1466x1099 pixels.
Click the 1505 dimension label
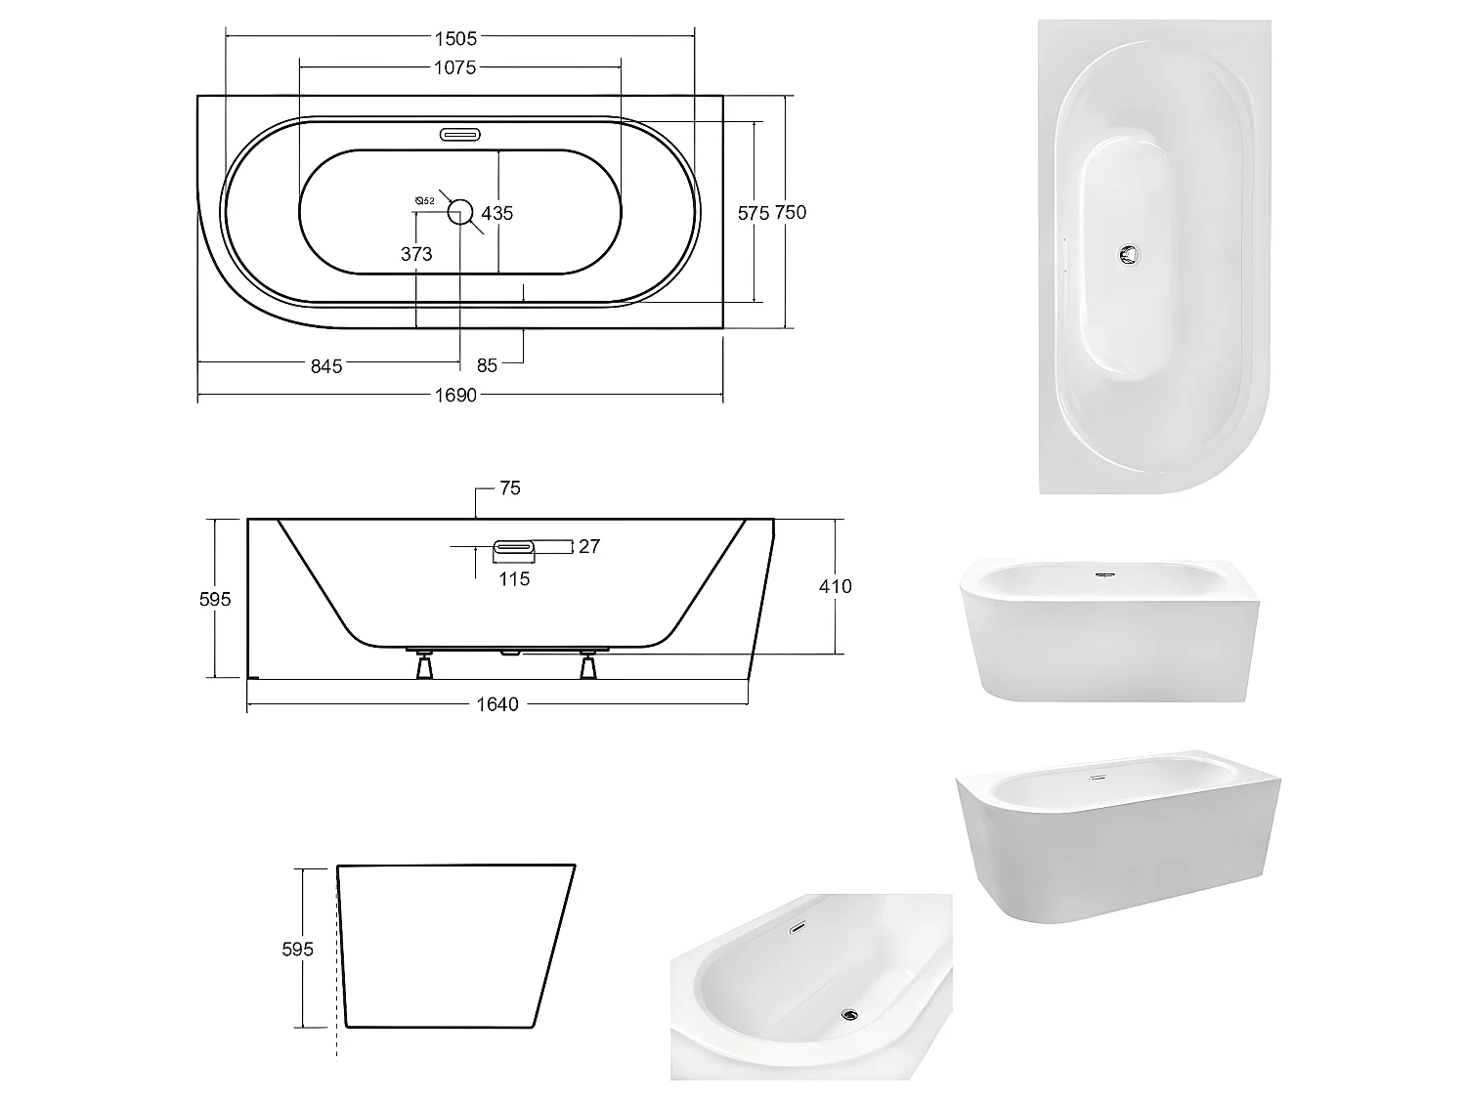pyautogui.click(x=455, y=38)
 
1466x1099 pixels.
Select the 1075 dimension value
pyautogui.click(x=455, y=67)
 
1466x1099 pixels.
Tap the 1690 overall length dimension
pyautogui.click(x=455, y=396)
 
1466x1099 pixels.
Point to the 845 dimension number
pyautogui.click(x=326, y=365)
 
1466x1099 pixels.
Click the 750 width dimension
pyautogui.click(x=790, y=212)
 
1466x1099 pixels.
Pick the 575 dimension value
pyautogui.click(x=754, y=213)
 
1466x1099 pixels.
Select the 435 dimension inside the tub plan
pyautogui.click(x=497, y=213)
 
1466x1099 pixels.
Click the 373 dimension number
pyautogui.click(x=416, y=254)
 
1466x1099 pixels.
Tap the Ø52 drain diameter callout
pyautogui.click(x=424, y=201)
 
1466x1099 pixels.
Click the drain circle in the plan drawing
pyautogui.click(x=460, y=211)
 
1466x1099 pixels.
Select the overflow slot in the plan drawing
pyautogui.click(x=459, y=134)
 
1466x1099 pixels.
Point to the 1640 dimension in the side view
pyautogui.click(x=496, y=704)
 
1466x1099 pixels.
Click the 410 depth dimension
pyautogui.click(x=835, y=586)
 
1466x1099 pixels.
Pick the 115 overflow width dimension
pyautogui.click(x=514, y=579)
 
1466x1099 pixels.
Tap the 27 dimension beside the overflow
pyautogui.click(x=588, y=546)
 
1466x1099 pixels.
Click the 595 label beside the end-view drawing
pyautogui.click(x=297, y=949)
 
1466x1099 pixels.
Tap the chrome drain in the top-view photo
pyautogui.click(x=1130, y=254)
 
